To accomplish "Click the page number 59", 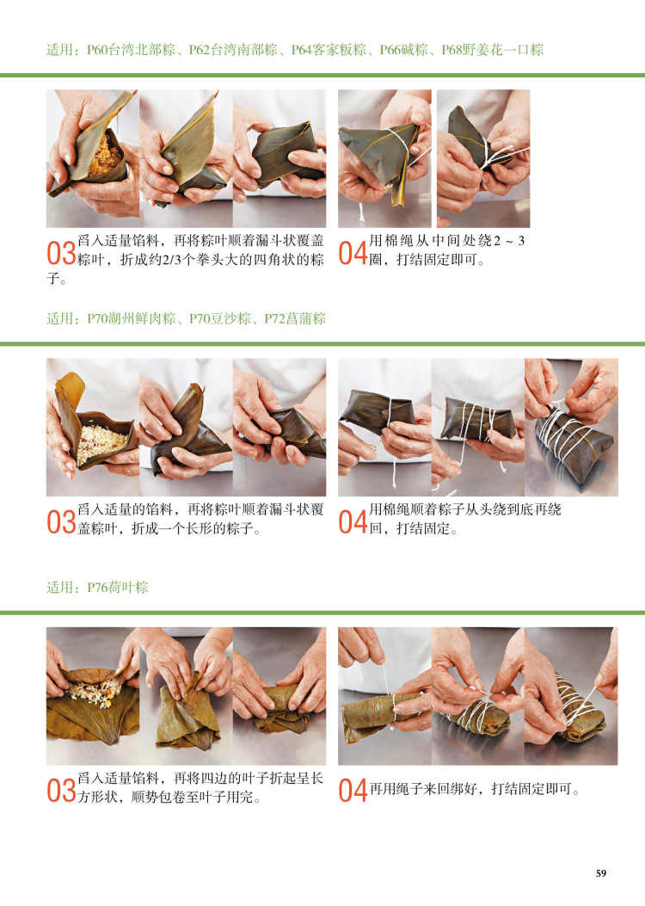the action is (601, 873).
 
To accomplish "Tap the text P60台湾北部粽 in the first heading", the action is (131, 50).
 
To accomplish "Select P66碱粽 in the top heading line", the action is (403, 50).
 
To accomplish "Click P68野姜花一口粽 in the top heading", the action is (493, 50).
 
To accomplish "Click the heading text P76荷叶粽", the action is (118, 588).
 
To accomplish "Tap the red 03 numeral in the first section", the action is (61, 254).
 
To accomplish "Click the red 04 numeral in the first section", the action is (353, 254).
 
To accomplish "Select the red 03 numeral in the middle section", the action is (61, 522).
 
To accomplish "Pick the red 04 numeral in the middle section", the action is (353, 522).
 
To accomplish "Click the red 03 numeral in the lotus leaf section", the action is (61, 791).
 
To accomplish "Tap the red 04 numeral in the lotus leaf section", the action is (353, 791).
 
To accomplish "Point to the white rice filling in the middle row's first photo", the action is (101, 442).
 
